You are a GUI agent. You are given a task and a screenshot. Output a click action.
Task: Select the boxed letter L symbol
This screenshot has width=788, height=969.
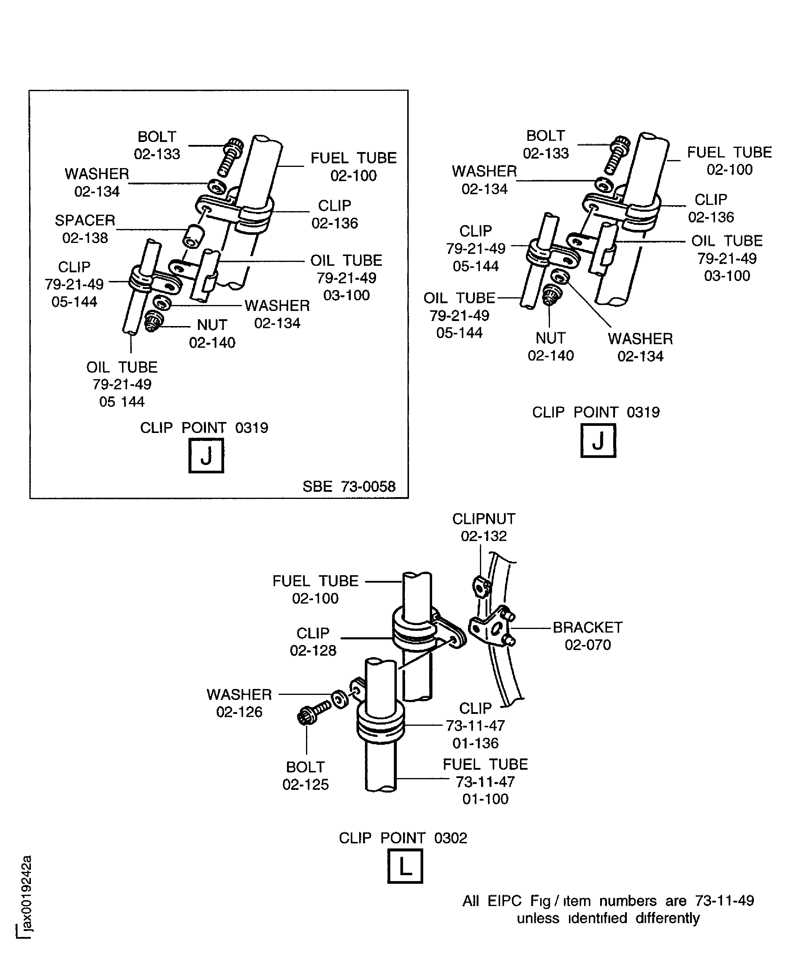(x=405, y=866)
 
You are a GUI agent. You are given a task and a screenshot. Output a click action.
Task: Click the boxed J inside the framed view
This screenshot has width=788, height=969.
(x=206, y=456)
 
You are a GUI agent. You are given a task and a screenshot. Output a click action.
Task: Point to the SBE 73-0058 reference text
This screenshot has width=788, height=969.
(x=349, y=486)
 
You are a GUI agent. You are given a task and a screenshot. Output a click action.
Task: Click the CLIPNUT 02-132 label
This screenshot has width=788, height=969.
(x=483, y=527)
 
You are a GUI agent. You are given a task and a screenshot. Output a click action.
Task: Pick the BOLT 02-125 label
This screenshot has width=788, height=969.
(x=305, y=776)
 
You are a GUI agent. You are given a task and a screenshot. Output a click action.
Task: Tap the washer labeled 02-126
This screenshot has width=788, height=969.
(x=339, y=700)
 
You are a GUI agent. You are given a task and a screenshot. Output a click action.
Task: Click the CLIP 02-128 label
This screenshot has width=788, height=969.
(x=313, y=642)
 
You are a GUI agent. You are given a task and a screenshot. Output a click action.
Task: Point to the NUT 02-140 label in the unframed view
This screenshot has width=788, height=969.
(x=550, y=347)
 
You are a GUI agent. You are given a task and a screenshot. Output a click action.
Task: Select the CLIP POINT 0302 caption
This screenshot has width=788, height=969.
(x=403, y=838)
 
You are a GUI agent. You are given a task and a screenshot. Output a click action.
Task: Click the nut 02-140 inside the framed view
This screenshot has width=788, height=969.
(x=153, y=322)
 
